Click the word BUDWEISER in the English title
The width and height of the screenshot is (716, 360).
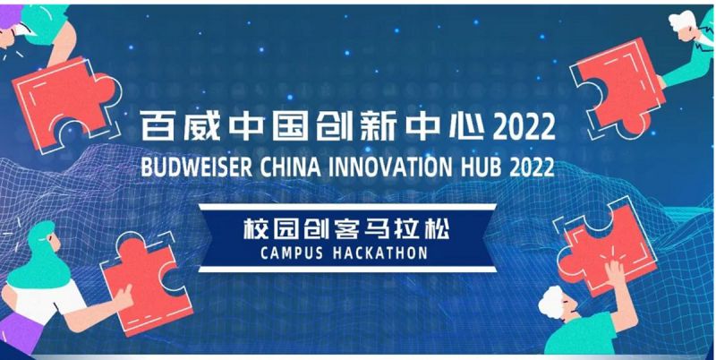tap(196, 167)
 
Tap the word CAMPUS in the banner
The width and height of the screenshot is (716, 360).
tap(292, 253)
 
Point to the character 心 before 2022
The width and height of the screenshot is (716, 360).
tap(467, 125)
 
